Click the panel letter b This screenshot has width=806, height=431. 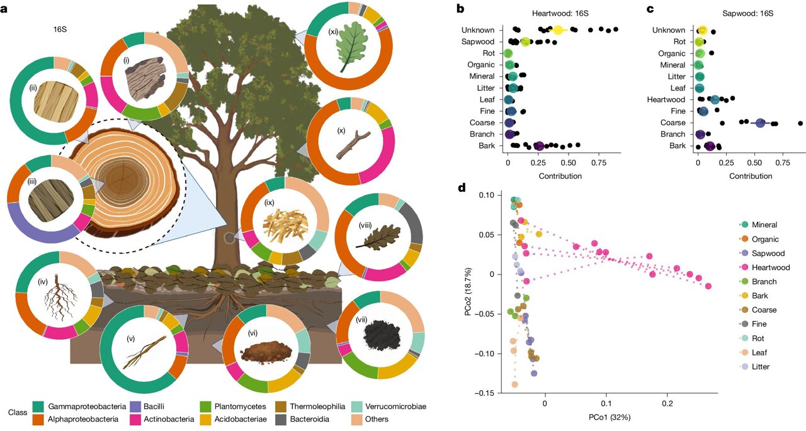point(460,9)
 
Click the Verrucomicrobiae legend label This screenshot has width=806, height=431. point(397,406)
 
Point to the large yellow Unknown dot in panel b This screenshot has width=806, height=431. point(557,30)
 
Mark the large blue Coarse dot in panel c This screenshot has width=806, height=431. point(761,123)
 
